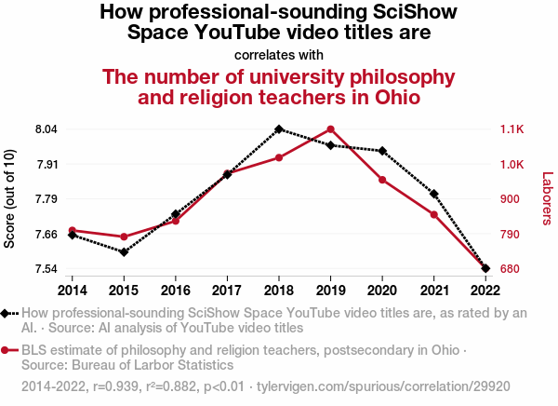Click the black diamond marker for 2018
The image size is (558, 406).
coord(279,129)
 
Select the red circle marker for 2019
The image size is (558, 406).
coord(331,129)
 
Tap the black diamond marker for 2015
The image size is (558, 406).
coord(124,252)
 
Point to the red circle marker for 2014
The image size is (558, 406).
coord(73,230)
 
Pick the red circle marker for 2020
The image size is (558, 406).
coord(382,179)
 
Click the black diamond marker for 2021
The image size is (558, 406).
coord(434,194)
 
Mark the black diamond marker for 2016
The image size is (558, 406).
coord(176,214)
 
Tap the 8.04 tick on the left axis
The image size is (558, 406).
coord(46,129)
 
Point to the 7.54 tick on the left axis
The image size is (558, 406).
coord(46,269)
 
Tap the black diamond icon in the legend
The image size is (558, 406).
coord(7,314)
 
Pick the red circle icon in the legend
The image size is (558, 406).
coord(7,350)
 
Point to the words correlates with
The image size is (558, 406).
coord(278,54)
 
